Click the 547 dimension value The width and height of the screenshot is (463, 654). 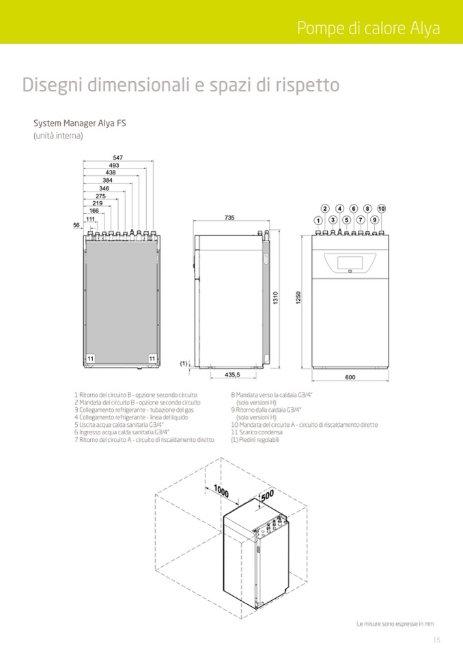pyautogui.click(x=117, y=158)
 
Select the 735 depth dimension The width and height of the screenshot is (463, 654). pyautogui.click(x=229, y=218)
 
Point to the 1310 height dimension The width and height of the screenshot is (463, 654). pyautogui.click(x=275, y=298)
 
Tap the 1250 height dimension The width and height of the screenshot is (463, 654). pyautogui.click(x=298, y=298)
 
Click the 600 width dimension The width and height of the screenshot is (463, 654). pyautogui.click(x=350, y=377)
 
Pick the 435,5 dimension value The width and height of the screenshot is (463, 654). pyautogui.click(x=233, y=374)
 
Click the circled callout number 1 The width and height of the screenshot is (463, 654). pyautogui.click(x=318, y=220)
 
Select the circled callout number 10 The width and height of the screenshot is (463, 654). pyautogui.click(x=381, y=209)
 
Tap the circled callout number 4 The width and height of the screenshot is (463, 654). pyautogui.click(x=340, y=209)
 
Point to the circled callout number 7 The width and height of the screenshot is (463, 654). pyautogui.click(x=361, y=220)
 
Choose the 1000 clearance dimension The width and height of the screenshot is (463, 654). pyautogui.click(x=221, y=491)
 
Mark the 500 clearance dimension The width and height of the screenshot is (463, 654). pyautogui.click(x=268, y=495)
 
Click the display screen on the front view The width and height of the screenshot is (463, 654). pyautogui.click(x=350, y=263)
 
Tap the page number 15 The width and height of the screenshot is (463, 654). pyautogui.click(x=436, y=640)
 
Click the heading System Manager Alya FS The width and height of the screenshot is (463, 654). pyautogui.click(x=80, y=123)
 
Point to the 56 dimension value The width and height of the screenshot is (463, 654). pyautogui.click(x=76, y=225)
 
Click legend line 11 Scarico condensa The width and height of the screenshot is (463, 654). pyautogui.click(x=257, y=432)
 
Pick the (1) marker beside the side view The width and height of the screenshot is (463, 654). pyautogui.click(x=184, y=363)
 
